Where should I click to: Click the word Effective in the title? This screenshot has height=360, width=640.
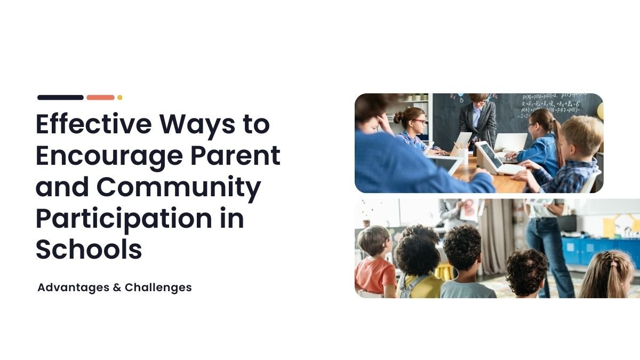94,124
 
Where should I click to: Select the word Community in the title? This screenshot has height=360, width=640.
179,187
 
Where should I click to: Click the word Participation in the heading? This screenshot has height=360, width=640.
124,219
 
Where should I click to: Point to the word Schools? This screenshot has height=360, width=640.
89,249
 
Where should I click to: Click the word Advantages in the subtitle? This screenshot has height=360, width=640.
74,287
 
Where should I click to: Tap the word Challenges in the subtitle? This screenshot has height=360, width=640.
158,287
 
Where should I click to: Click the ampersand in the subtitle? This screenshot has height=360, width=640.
117,287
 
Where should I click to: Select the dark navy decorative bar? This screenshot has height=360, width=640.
61,98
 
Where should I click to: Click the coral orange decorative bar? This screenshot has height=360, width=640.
101,98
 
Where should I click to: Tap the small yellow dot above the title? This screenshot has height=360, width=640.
119,98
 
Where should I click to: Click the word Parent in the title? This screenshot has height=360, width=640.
235,155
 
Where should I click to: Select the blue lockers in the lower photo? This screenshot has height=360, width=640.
600,251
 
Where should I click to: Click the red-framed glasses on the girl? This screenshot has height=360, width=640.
419,122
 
